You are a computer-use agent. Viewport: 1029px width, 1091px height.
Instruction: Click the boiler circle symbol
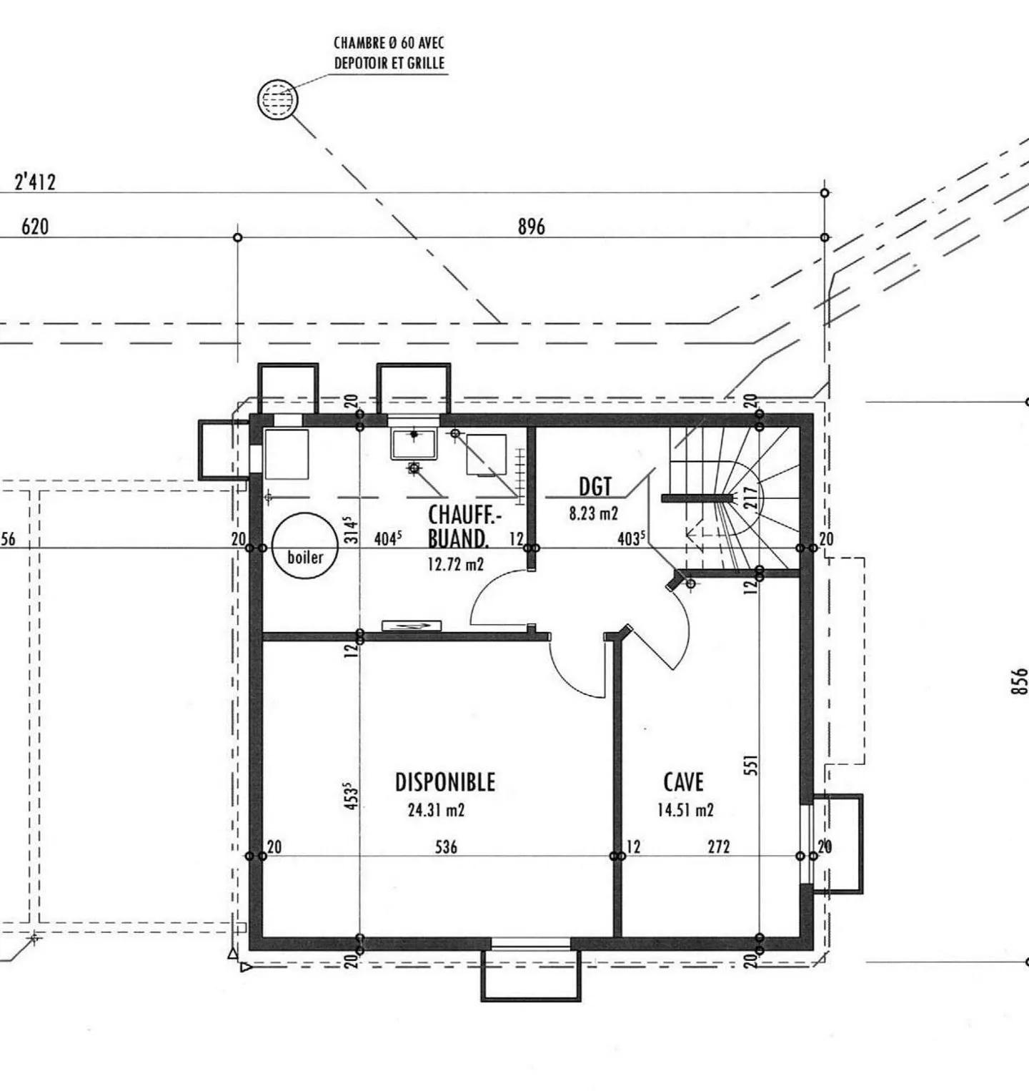[x=305, y=545]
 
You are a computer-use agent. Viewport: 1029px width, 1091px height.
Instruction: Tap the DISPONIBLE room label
[x=445, y=781]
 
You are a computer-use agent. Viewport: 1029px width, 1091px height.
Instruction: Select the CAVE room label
[x=684, y=781]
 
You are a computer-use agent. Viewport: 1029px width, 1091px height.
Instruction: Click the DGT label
[x=595, y=487]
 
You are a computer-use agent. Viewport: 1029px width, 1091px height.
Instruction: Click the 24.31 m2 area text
[x=436, y=810]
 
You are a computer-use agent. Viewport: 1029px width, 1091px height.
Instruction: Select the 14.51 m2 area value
[x=685, y=810]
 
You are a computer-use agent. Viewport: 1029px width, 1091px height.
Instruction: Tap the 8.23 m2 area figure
[x=593, y=513]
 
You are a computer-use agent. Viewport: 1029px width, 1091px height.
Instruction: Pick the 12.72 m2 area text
[x=456, y=564]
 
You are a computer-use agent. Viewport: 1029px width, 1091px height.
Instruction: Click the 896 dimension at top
[x=531, y=227]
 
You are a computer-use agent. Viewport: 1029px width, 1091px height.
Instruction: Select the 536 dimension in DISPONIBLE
[x=447, y=847]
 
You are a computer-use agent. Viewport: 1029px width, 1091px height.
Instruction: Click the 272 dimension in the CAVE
[x=719, y=847]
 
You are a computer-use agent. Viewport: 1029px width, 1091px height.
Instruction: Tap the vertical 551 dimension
[x=750, y=766]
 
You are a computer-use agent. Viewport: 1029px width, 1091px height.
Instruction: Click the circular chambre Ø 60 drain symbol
[x=277, y=99]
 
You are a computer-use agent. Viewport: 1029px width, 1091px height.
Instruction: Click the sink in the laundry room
[x=414, y=443]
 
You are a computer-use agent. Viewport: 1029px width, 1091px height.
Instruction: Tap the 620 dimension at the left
[x=35, y=227]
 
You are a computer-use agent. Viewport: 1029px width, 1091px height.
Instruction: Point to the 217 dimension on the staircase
[x=750, y=498]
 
